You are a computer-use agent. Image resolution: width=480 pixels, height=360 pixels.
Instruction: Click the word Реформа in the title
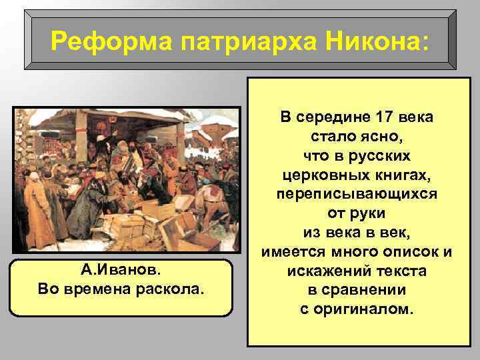pyautogui.click(x=102, y=42)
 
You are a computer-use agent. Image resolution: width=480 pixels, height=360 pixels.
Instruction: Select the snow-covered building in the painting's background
pyautogui.click(x=215, y=133)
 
